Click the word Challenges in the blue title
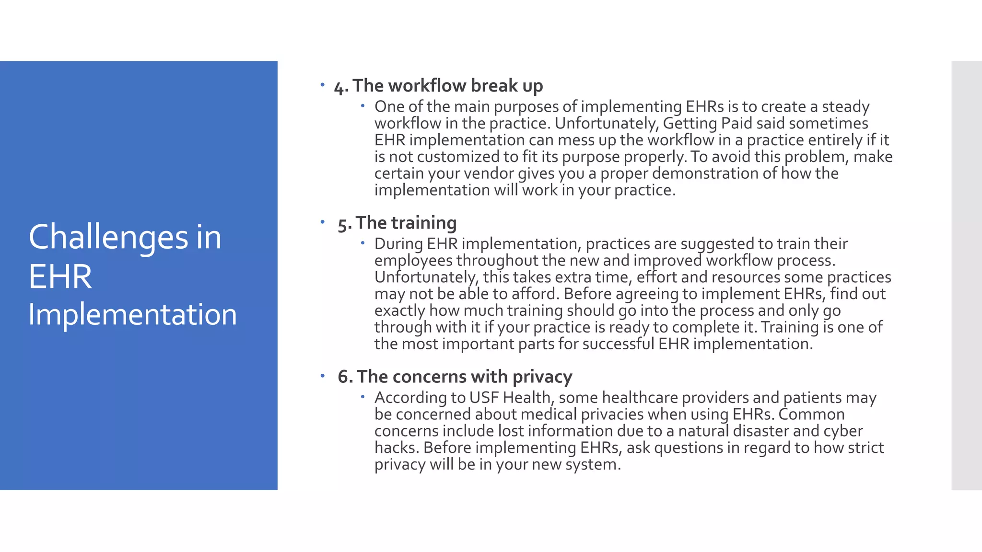pos(108,238)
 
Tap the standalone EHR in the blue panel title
pos(60,277)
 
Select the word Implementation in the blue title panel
pos(132,315)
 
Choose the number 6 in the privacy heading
pos(343,377)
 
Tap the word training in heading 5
pos(424,223)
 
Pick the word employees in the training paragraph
pos(413,261)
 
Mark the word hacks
pos(397,448)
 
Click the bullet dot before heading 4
pos(323,85)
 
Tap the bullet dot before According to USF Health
pos(363,396)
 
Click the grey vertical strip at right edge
pos(966,276)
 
